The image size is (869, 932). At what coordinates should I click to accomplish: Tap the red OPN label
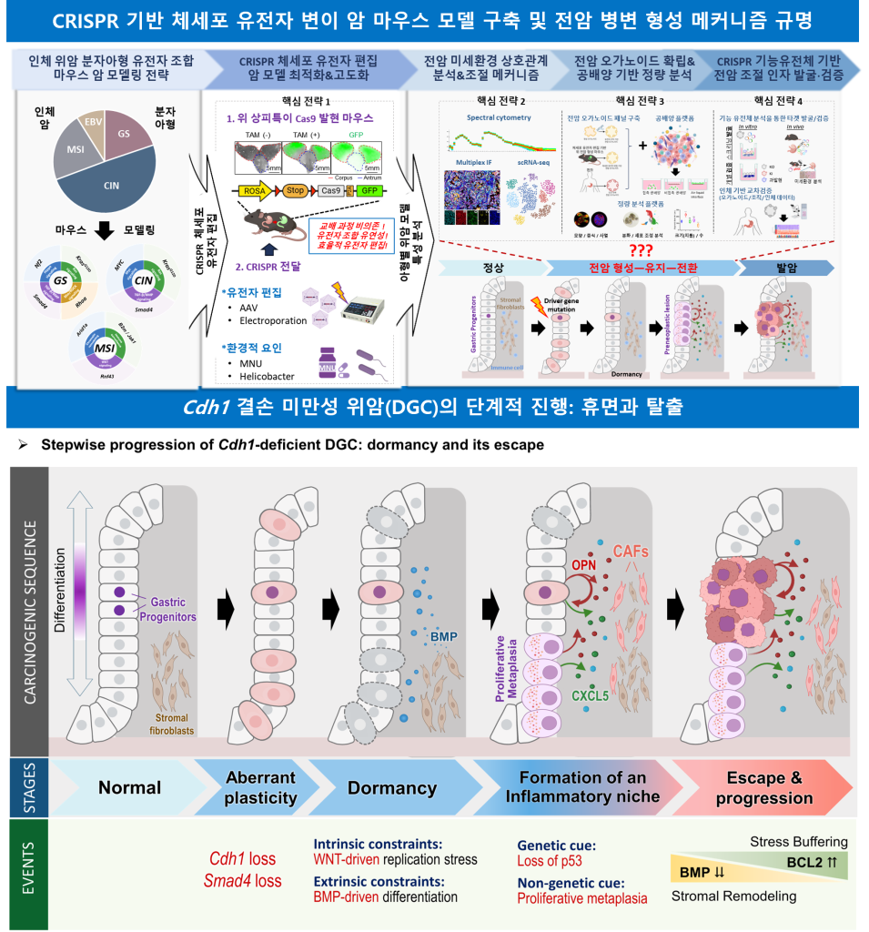[583, 565]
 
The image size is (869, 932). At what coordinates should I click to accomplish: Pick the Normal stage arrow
[129, 788]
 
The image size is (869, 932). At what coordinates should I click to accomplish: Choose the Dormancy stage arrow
[391, 788]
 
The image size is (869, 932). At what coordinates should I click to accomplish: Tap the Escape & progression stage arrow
[763, 788]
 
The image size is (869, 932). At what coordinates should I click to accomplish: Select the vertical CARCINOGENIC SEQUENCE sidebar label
[29, 610]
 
